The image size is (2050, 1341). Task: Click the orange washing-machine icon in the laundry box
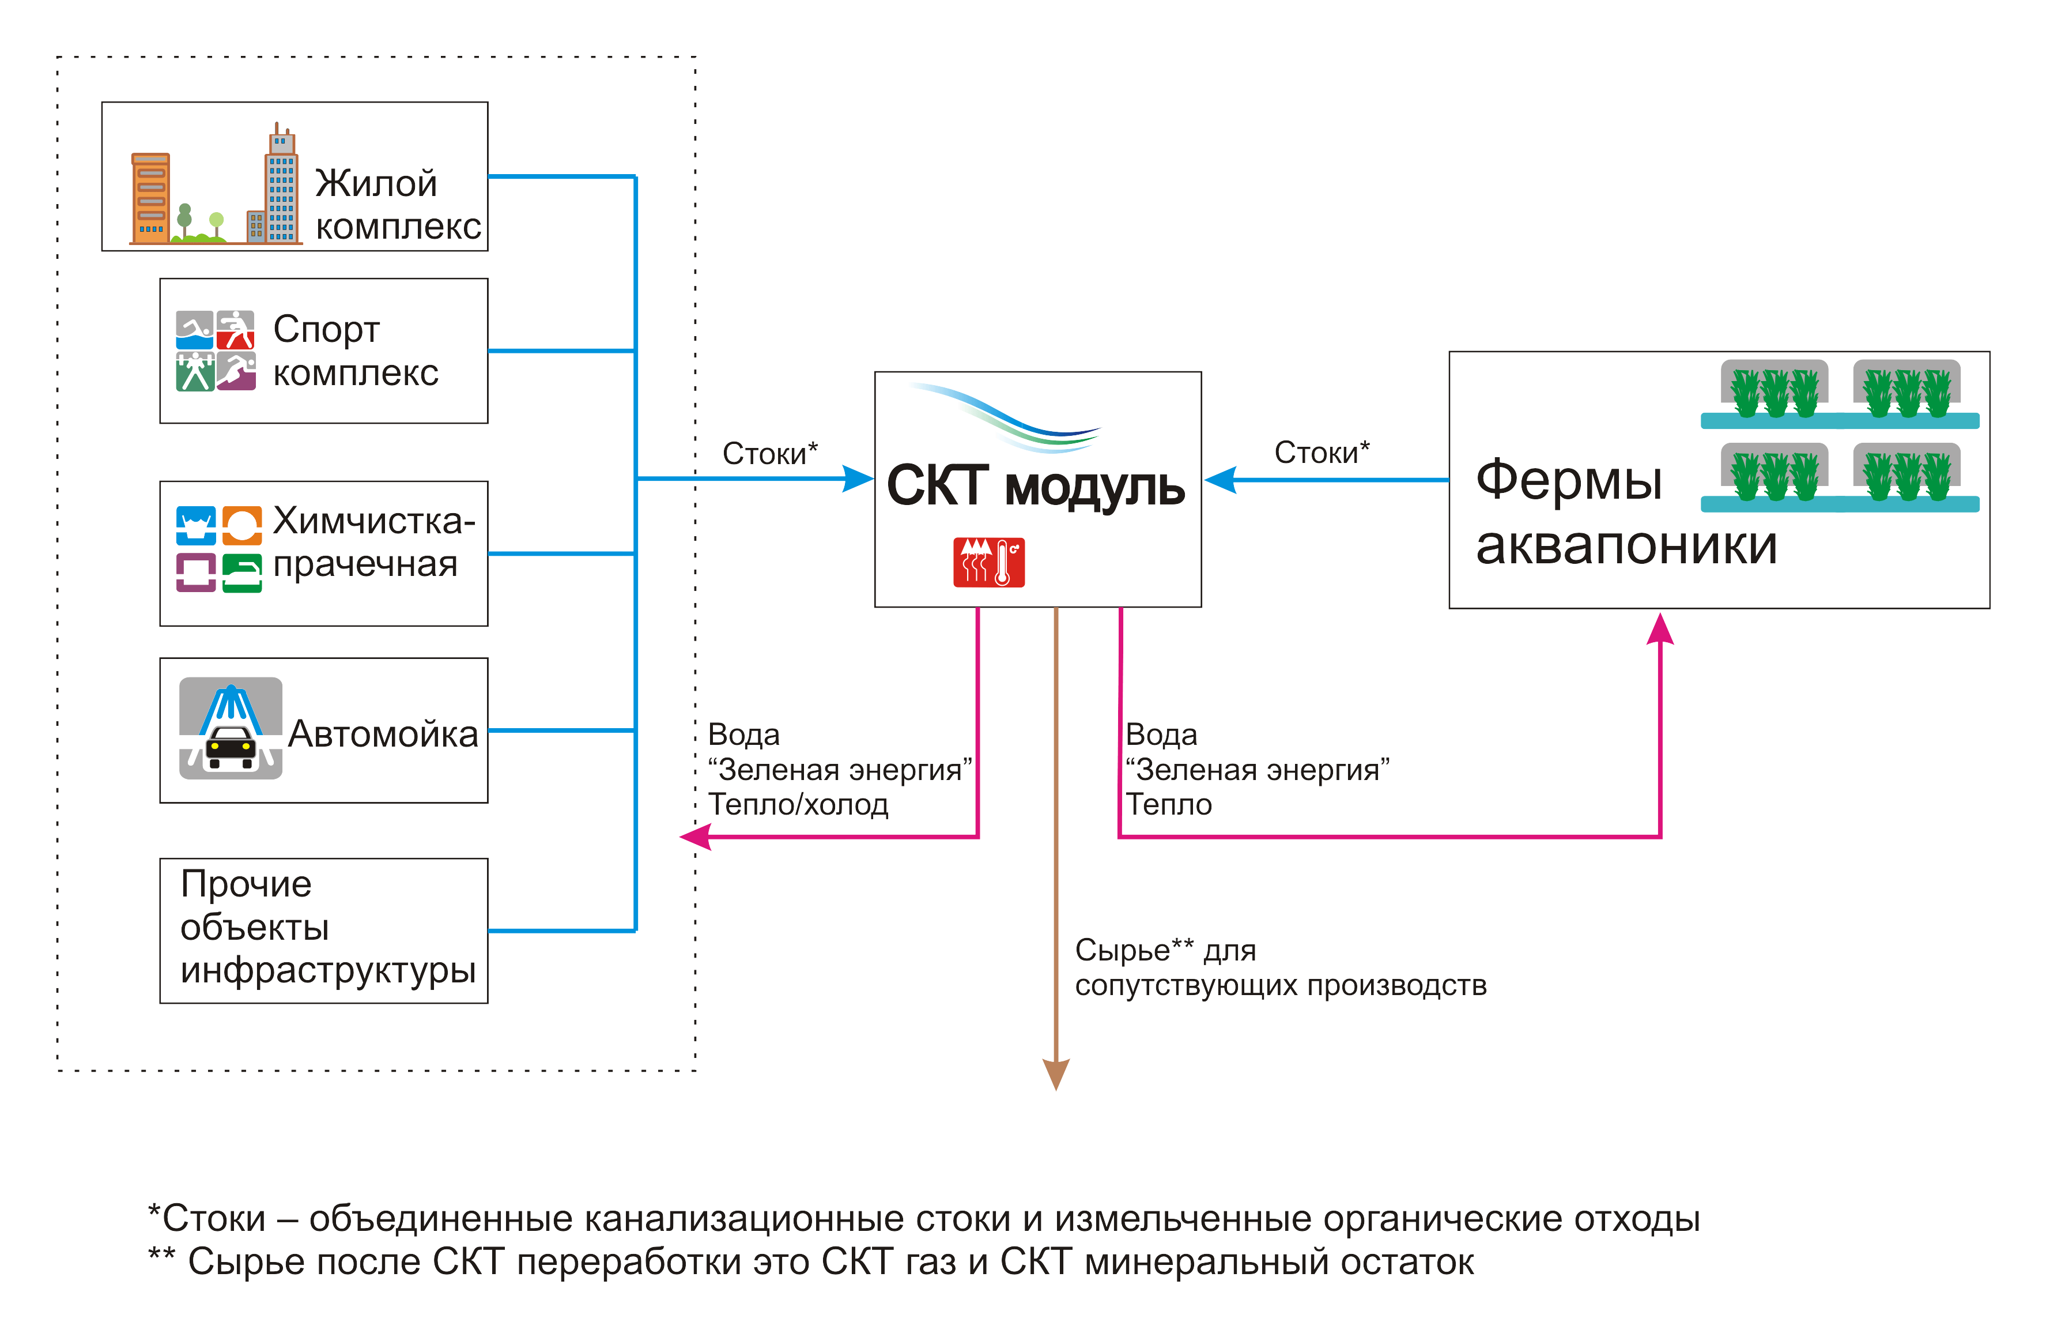pos(242,525)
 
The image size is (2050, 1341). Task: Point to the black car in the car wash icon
pos(231,747)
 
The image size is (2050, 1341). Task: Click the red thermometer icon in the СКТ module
pos(989,562)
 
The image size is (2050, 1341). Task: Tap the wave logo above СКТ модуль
pos(1008,418)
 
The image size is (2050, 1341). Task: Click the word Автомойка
pos(383,733)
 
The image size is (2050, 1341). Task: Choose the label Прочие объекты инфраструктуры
pos(327,927)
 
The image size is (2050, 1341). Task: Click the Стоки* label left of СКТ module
pos(769,453)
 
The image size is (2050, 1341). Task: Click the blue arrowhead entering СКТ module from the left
pos(858,479)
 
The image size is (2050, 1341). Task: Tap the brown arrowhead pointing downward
pos(1056,1074)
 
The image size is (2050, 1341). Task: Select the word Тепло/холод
pos(798,804)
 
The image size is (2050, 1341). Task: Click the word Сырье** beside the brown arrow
pos(1134,950)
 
